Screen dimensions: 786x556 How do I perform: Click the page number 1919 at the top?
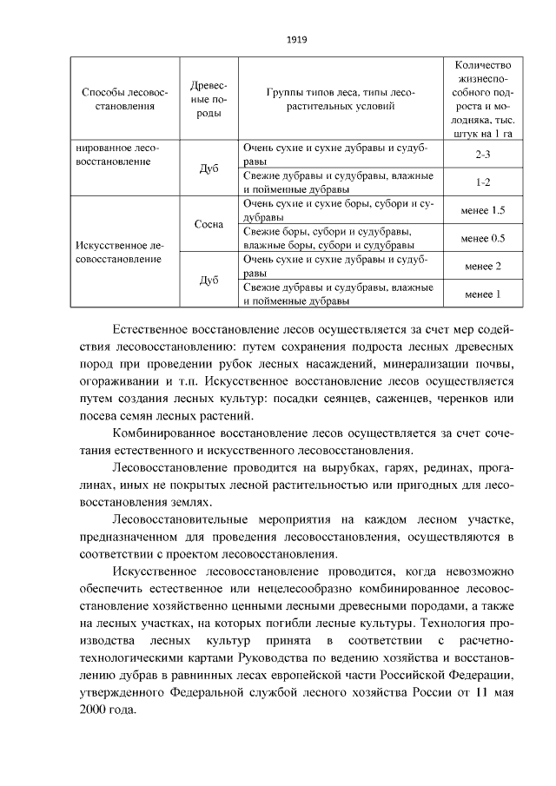[x=297, y=40]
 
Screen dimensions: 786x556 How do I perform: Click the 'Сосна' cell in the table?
[x=208, y=224]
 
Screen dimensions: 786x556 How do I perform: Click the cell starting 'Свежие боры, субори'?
[x=327, y=238]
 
